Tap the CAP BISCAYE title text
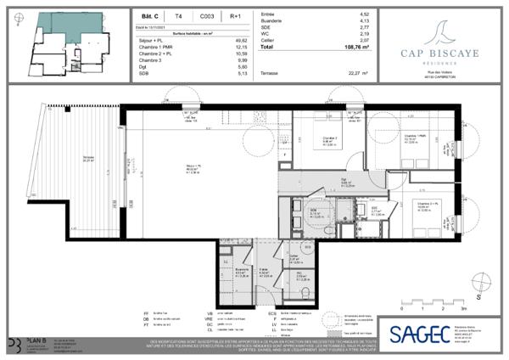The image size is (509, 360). tap(439, 52)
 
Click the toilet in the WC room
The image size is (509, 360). tap(304, 269)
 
